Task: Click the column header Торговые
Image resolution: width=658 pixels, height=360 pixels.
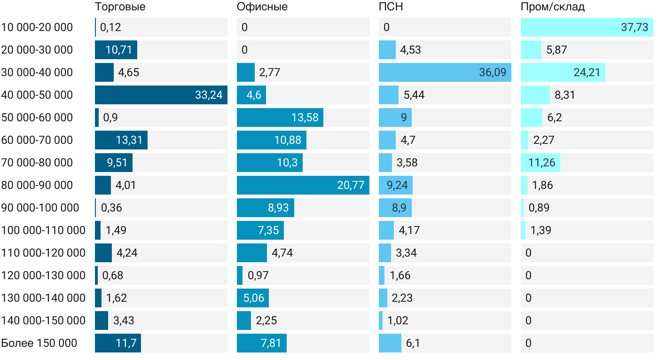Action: [120, 7]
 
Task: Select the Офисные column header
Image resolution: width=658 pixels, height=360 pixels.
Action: [262, 7]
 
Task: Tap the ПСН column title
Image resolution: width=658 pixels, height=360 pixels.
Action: [391, 7]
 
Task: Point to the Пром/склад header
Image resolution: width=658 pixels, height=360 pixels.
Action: [553, 7]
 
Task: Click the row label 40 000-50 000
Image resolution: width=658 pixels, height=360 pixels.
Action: [37, 95]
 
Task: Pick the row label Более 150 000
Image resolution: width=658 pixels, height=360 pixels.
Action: [39, 343]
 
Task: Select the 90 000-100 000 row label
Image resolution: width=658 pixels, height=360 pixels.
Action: [40, 208]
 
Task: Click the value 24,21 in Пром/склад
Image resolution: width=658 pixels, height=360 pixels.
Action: [587, 72]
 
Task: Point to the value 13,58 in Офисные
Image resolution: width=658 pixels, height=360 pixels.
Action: [305, 117]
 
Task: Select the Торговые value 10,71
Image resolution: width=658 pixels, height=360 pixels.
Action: [119, 50]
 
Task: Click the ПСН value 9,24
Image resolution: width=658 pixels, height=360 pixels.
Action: [397, 185]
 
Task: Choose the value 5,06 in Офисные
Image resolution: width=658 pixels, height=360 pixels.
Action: [254, 298]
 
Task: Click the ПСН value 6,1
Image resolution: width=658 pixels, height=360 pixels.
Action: [413, 343]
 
